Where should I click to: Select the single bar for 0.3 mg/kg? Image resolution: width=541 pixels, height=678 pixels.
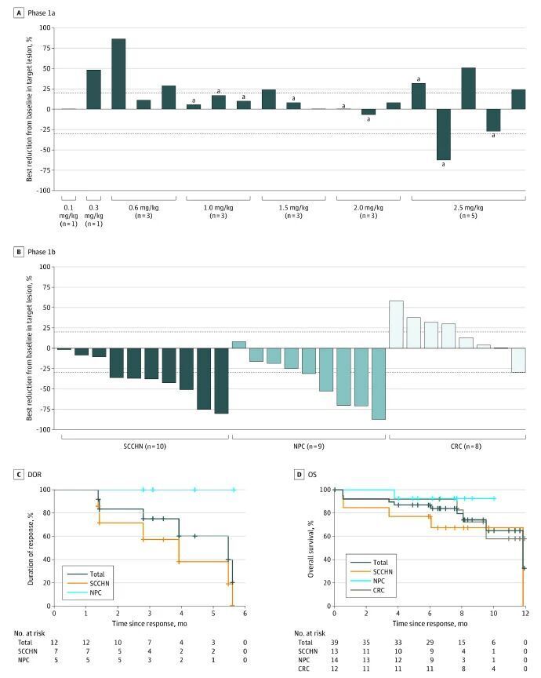tap(93, 89)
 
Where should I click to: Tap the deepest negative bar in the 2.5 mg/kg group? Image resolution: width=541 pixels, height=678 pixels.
tap(443, 134)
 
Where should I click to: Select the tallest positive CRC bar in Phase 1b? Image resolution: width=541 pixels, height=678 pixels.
tap(396, 324)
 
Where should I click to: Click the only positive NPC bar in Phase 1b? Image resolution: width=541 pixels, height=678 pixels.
tap(239, 344)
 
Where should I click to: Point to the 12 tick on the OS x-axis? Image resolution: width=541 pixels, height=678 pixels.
tap(525, 614)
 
